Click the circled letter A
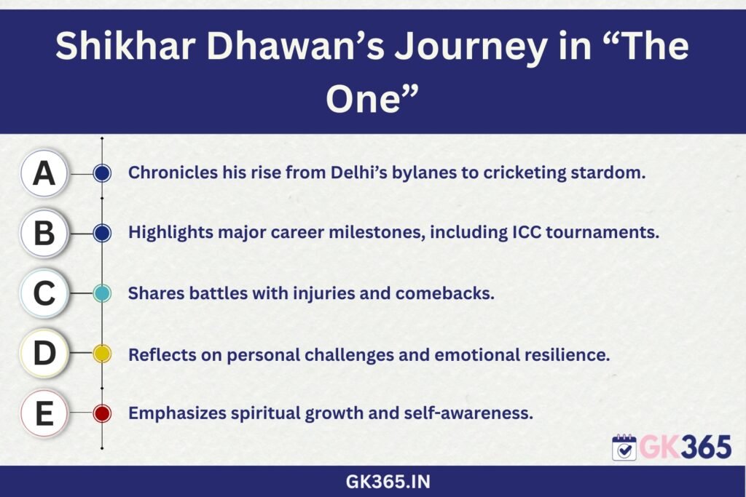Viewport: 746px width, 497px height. click(x=44, y=173)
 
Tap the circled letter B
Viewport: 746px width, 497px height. click(x=44, y=234)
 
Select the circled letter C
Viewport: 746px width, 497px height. click(x=44, y=293)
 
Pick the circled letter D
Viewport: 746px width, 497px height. click(x=44, y=353)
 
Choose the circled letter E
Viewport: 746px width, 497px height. click(x=44, y=413)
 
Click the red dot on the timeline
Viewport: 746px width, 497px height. click(x=102, y=413)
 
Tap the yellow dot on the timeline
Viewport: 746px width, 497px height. click(x=102, y=354)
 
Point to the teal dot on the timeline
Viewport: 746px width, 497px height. click(x=102, y=293)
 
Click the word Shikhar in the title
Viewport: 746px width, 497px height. click(x=125, y=46)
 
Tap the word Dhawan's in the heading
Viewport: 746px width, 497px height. click(x=296, y=46)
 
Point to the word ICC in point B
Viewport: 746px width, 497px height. click(x=526, y=232)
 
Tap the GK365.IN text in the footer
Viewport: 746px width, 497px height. click(x=388, y=482)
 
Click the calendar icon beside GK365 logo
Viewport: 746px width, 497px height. click(x=624, y=447)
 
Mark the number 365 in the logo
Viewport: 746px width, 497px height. click(x=706, y=447)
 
